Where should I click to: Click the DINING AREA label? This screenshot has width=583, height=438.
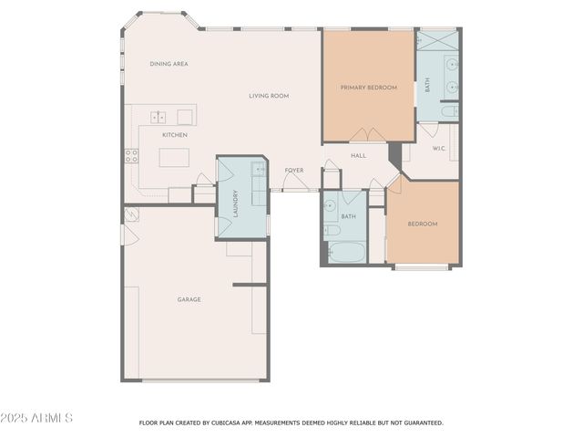(x=169, y=64)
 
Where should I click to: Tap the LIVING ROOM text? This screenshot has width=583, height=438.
(x=269, y=96)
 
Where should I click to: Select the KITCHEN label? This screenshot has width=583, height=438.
(x=175, y=135)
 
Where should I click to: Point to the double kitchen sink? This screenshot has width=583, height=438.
(x=159, y=117)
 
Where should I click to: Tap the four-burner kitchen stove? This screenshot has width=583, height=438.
(x=131, y=155)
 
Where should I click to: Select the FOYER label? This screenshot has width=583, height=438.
(x=293, y=170)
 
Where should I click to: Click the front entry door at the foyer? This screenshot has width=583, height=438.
(x=293, y=185)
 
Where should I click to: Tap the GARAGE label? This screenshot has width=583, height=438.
(x=189, y=299)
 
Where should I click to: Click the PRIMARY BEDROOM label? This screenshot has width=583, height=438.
(x=368, y=88)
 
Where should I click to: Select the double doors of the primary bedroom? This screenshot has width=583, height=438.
(x=361, y=136)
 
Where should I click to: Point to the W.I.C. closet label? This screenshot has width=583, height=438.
(x=438, y=148)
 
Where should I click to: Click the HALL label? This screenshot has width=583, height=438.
(x=358, y=156)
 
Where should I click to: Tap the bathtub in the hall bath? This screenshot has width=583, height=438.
(x=345, y=251)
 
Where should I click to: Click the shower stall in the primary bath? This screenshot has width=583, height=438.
(x=438, y=42)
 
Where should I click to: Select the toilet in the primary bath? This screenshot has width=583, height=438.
(x=449, y=112)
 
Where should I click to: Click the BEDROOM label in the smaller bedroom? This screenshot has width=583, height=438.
(x=422, y=224)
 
